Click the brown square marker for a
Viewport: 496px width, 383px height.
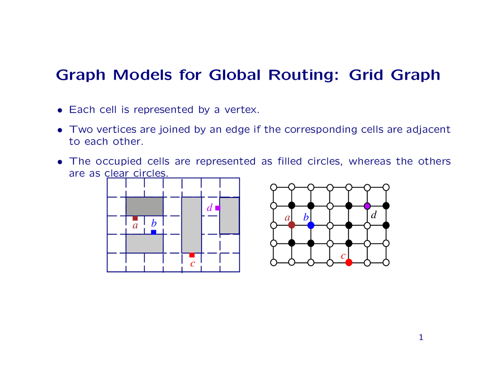coord(135,218)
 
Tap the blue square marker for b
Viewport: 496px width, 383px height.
coord(153,232)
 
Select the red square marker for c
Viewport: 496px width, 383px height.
coord(192,255)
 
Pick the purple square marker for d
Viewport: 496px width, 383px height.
coord(218,208)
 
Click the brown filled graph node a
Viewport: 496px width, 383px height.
coord(292,225)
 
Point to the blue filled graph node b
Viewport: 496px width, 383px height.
coord(311,225)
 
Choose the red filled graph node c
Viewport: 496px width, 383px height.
coord(349,263)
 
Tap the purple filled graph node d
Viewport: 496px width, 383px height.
coord(367,206)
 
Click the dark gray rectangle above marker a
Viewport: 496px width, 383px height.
coord(145,206)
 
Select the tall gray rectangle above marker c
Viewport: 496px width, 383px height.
coord(191,225)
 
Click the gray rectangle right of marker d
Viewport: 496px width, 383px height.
coord(230,216)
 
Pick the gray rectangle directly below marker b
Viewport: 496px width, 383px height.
coord(145,244)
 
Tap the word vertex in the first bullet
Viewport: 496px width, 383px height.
coord(242,110)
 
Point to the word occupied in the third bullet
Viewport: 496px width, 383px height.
coord(119,162)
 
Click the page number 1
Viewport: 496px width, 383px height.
coord(421,337)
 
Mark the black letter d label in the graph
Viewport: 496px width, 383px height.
coord(374,215)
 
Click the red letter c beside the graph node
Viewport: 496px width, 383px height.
coord(343,256)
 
